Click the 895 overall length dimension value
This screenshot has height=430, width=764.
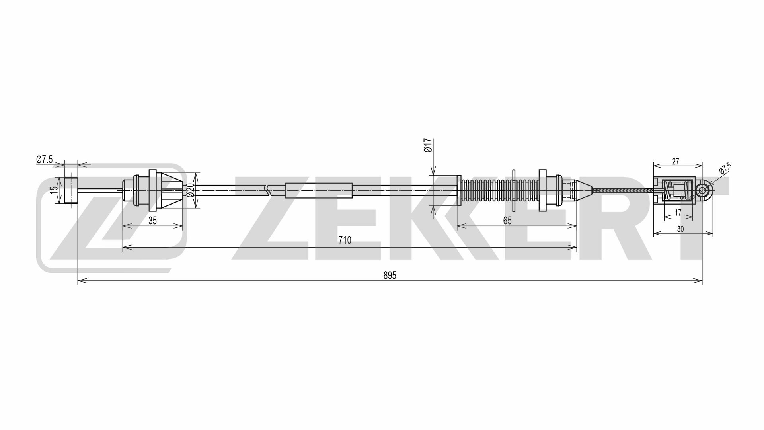[390, 275]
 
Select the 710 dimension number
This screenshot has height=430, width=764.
[345, 240]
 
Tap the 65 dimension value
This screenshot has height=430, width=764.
[507, 221]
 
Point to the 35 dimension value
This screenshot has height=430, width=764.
[152, 221]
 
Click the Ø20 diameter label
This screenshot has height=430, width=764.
[190, 190]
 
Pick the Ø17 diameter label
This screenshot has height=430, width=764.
[428, 146]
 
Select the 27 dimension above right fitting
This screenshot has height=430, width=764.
[676, 162]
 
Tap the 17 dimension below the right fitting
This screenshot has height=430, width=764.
[678, 213]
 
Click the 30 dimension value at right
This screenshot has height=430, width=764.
[680, 229]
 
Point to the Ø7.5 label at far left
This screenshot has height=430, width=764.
[44, 160]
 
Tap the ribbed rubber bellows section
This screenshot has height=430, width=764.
[497, 190]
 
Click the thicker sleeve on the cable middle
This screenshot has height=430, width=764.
[319, 190]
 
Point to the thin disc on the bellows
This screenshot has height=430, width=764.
[514, 190]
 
